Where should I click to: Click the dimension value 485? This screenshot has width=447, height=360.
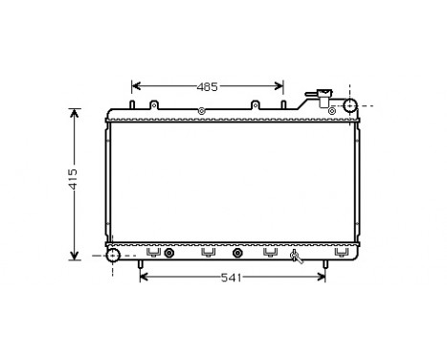pos(207,86)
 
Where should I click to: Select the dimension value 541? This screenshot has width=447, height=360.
pos(231,279)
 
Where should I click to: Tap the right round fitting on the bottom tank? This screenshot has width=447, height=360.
pos(237,254)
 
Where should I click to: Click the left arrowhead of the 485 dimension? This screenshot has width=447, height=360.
pos(135,86)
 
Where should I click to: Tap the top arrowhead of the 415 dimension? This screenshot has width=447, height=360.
pos(75,112)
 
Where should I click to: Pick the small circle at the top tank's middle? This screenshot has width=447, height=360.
pos(200,112)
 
